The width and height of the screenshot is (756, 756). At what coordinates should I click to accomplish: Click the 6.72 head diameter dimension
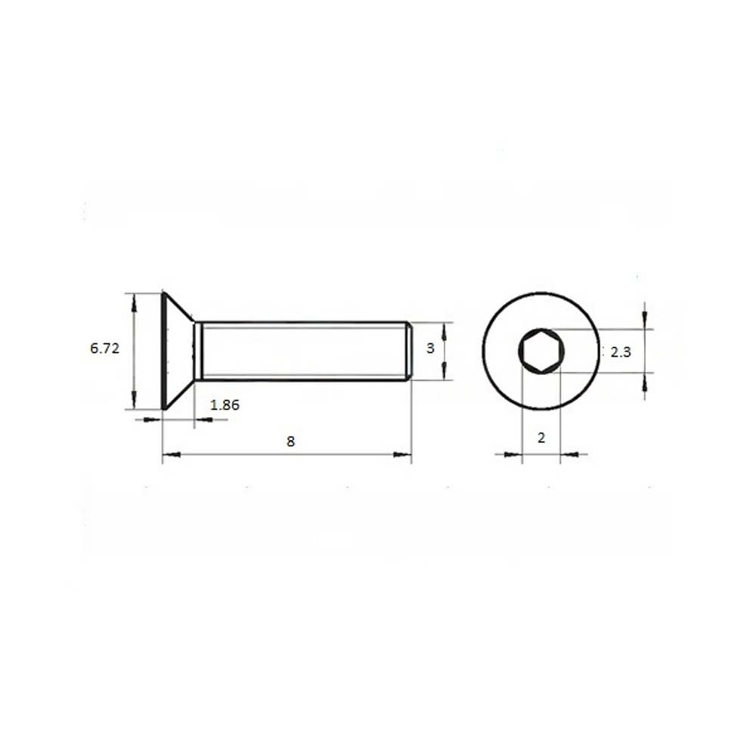pyautogui.click(x=104, y=348)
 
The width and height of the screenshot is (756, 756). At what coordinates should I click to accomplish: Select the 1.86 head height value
pyautogui.click(x=225, y=405)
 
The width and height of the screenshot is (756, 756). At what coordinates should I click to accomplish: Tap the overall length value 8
pyautogui.click(x=290, y=442)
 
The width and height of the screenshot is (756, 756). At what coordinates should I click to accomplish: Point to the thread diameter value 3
pyautogui.click(x=431, y=348)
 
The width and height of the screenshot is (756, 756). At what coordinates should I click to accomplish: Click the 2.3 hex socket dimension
pyautogui.click(x=621, y=352)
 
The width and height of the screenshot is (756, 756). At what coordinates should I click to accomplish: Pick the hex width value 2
pyautogui.click(x=541, y=438)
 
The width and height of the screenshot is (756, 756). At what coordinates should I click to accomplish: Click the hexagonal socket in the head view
pyautogui.click(x=541, y=351)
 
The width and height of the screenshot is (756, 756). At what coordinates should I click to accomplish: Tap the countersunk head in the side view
pyautogui.click(x=178, y=351)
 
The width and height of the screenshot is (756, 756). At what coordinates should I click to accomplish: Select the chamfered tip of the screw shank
pyautogui.click(x=409, y=351)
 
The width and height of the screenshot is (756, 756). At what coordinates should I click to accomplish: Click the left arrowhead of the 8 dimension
pyautogui.click(x=171, y=454)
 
